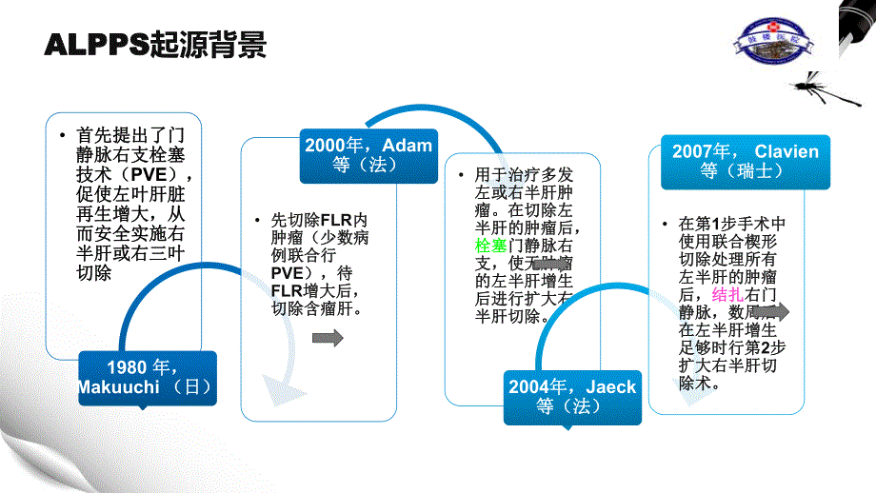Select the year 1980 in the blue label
tap(129, 368)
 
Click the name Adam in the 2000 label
tap(408, 146)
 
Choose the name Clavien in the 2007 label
tap(786, 151)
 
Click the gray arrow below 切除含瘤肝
tap(327, 339)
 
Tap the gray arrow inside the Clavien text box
tap(772, 311)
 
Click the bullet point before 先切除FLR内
tap(256, 221)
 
